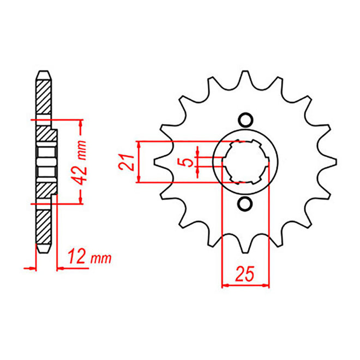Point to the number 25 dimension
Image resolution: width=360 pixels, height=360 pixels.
tap(245, 274)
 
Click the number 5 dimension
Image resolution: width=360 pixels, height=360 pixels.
tap(188, 163)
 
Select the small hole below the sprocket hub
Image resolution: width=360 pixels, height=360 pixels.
tap(245, 204)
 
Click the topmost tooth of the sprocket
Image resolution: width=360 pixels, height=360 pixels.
tap(245, 78)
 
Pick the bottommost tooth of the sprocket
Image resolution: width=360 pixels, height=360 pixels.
tap(245, 245)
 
